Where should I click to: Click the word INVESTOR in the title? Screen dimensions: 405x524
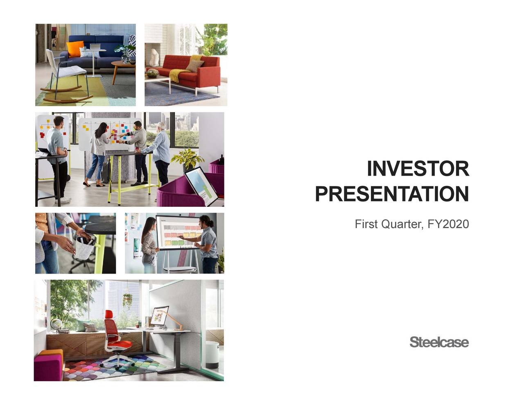click(418, 169)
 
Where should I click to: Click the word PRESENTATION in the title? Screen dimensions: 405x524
click(392, 194)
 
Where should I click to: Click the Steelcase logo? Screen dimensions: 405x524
click(439, 342)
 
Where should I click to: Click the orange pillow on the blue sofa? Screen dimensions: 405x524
click(75, 49)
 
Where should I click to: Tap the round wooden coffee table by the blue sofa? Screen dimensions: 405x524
click(123, 66)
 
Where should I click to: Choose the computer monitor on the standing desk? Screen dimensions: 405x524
click(159, 315)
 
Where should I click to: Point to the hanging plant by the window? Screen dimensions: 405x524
click(128, 301)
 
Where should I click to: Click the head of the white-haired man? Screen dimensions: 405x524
click(161, 126)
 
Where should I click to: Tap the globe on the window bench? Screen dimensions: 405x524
click(55, 324)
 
